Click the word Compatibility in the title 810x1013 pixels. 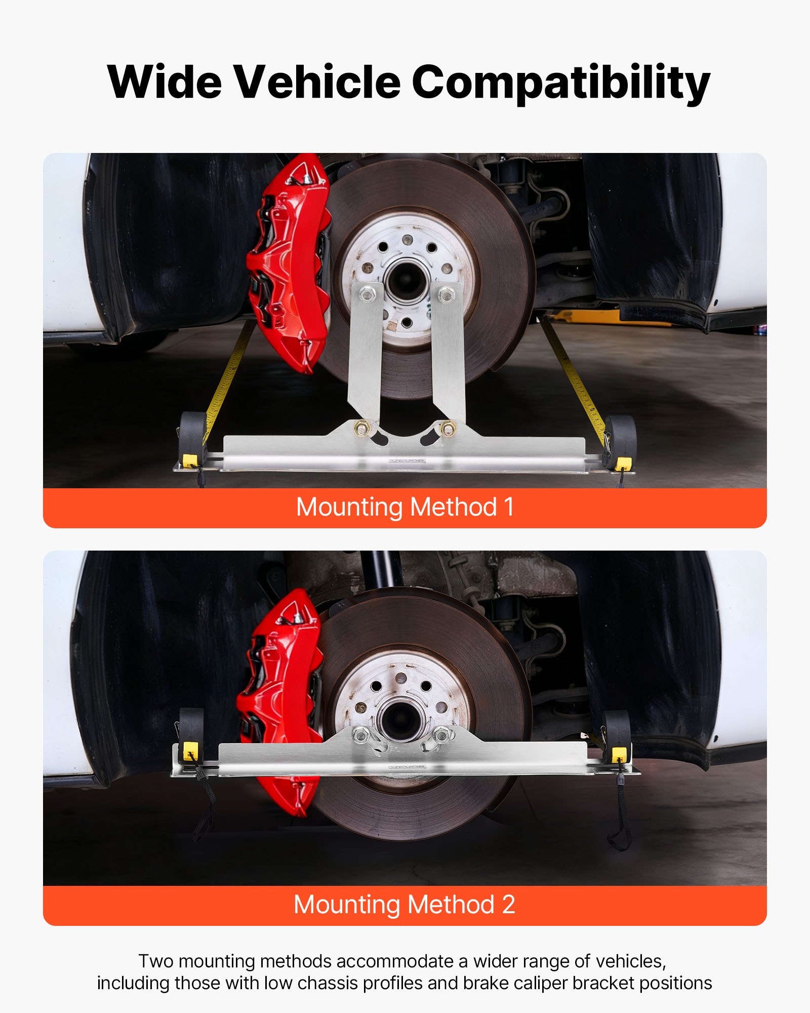coord(561,83)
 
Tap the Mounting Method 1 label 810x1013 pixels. coord(405,507)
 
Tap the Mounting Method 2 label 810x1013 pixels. coord(405,905)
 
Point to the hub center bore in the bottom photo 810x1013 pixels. coord(400,719)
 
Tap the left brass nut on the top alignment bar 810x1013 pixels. coord(361,428)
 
